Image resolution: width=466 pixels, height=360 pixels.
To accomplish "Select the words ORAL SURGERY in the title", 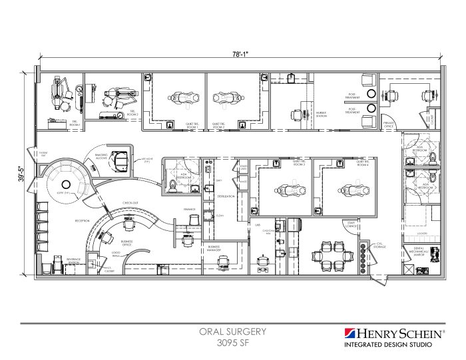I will pos(233,331).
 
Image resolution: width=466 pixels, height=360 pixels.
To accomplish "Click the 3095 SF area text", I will pos(233,343).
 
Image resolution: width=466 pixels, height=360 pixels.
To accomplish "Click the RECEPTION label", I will pos(82,220).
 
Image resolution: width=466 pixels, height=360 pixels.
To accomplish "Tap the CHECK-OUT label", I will pos(130,202).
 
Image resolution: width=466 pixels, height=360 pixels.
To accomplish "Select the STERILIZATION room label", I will pos(226,198).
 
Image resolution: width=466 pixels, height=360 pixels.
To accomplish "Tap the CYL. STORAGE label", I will pos(381,245).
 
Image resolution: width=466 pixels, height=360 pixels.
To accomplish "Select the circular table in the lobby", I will pos(66,184).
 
